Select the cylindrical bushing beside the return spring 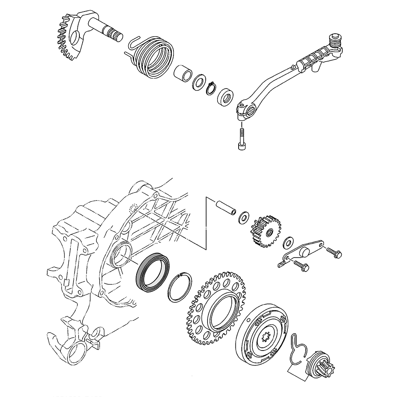point(183,74)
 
